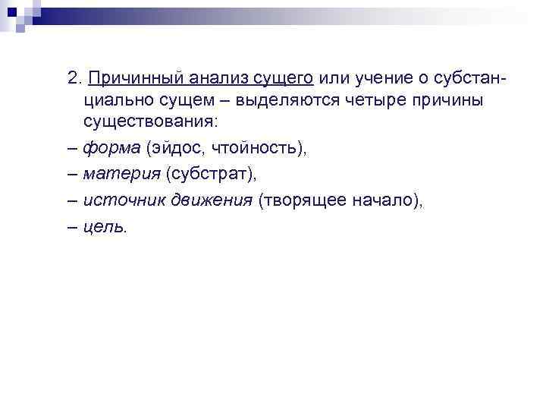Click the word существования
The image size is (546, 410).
coord(152,121)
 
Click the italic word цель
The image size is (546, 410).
coord(105,227)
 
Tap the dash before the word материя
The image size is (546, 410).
coord(71,175)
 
